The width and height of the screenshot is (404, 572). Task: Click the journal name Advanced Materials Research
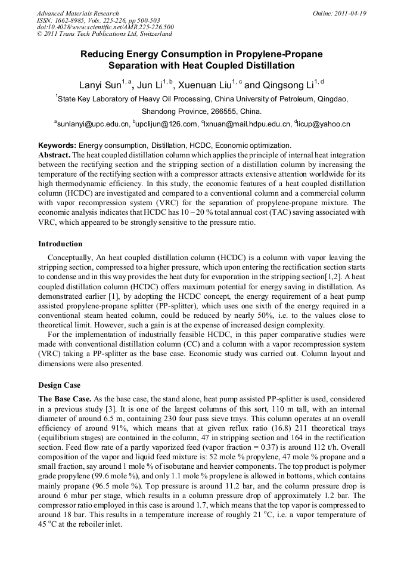click(x=77, y=13)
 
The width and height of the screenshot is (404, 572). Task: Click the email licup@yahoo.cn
click(x=325, y=124)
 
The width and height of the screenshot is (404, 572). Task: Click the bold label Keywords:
click(x=57, y=145)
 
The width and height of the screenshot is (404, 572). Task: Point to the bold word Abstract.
click(x=54, y=153)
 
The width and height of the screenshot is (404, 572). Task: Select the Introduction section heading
click(x=60, y=244)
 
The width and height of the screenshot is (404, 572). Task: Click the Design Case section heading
click(x=60, y=385)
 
